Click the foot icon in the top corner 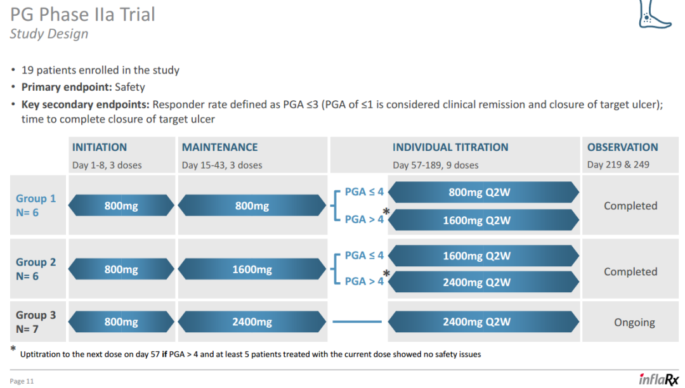[x=654, y=15]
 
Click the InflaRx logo [x=659, y=379]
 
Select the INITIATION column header [x=100, y=147]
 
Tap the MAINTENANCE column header [x=219, y=147]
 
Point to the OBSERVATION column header [x=623, y=147]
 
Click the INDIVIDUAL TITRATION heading [x=450, y=147]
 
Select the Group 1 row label [x=36, y=205]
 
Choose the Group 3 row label [x=36, y=321]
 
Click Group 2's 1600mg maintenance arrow [x=252, y=269]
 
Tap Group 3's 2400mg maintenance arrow [x=252, y=321]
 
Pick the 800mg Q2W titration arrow [x=483, y=192]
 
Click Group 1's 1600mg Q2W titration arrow [x=483, y=220]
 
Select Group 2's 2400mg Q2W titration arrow [x=483, y=282]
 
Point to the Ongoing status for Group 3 [x=634, y=323]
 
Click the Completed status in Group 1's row [x=630, y=205]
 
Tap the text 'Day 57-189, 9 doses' [x=436, y=165]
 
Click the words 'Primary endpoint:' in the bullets [x=67, y=87]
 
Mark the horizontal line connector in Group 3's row [x=357, y=321]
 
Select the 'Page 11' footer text [x=22, y=381]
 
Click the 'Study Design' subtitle [x=49, y=34]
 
